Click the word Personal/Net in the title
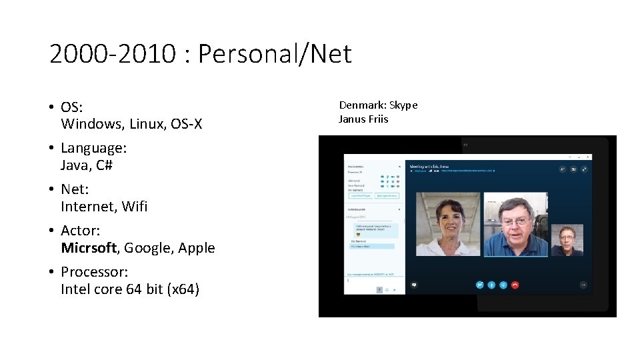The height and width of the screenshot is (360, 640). (x=275, y=53)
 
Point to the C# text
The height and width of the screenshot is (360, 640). (x=105, y=165)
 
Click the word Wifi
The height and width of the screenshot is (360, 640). (x=134, y=207)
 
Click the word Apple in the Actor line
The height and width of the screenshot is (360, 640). (x=197, y=248)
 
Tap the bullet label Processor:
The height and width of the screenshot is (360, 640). (x=95, y=272)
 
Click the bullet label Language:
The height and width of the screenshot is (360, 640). (x=94, y=148)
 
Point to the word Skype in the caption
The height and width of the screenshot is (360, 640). (x=403, y=105)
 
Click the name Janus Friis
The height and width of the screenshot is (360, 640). (x=363, y=119)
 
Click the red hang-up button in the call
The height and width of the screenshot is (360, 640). (x=515, y=285)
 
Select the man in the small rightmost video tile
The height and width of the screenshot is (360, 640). (x=567, y=240)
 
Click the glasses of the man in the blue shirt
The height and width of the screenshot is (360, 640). (x=515, y=218)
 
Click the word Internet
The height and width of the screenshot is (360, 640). (x=89, y=207)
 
